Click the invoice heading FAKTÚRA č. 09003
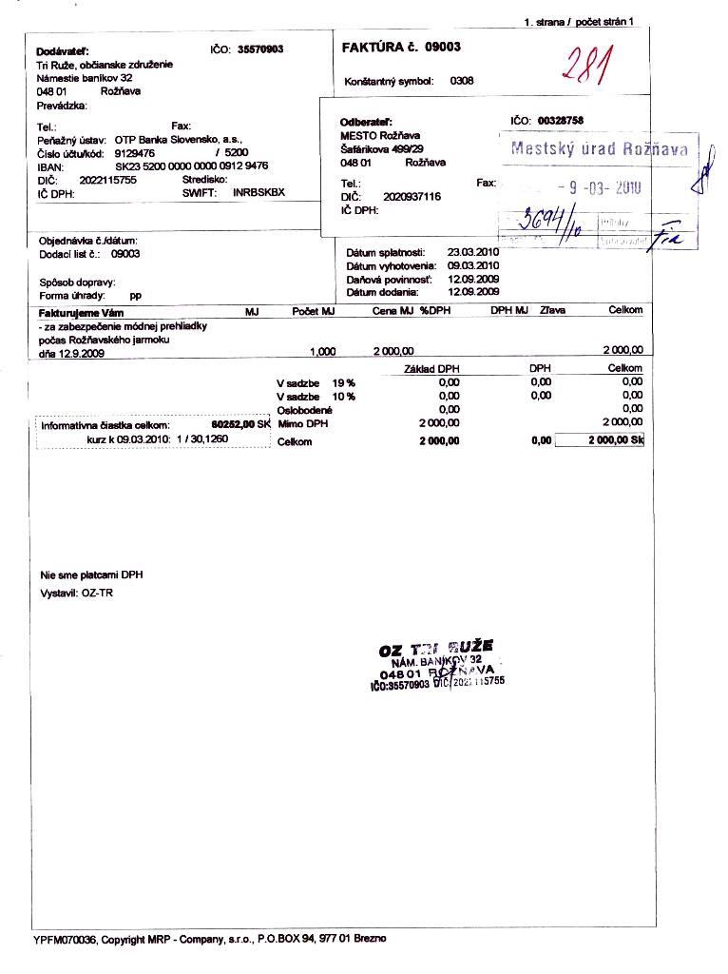[401, 48]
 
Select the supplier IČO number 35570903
[260, 49]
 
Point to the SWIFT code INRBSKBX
[259, 192]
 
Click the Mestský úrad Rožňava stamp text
[599, 148]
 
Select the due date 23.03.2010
[472, 252]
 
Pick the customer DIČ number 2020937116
[412, 196]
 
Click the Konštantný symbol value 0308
[461, 82]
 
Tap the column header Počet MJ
[314, 311]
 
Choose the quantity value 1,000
[323, 352]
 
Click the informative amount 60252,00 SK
[240, 425]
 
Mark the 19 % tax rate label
[343, 382]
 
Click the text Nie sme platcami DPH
[91, 575]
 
